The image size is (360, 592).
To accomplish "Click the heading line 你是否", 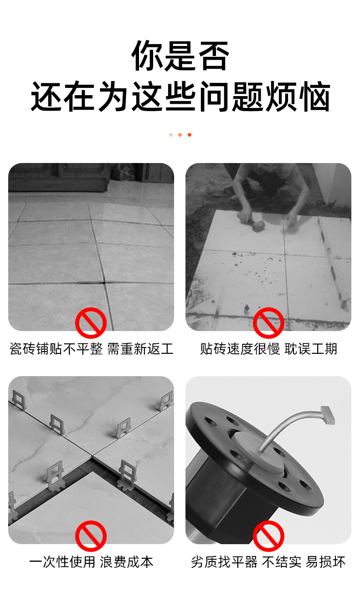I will (180, 56).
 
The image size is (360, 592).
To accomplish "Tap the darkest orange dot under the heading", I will (190, 135).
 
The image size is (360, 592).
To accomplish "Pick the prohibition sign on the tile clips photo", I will (91, 536).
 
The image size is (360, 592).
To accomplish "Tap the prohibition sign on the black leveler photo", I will (268, 536).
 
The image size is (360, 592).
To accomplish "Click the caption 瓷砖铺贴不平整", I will (56, 349).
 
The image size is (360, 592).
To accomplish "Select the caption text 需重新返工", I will (140, 349).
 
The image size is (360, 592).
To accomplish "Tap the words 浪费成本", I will (127, 562).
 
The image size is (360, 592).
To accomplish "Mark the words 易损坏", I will (325, 562).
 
